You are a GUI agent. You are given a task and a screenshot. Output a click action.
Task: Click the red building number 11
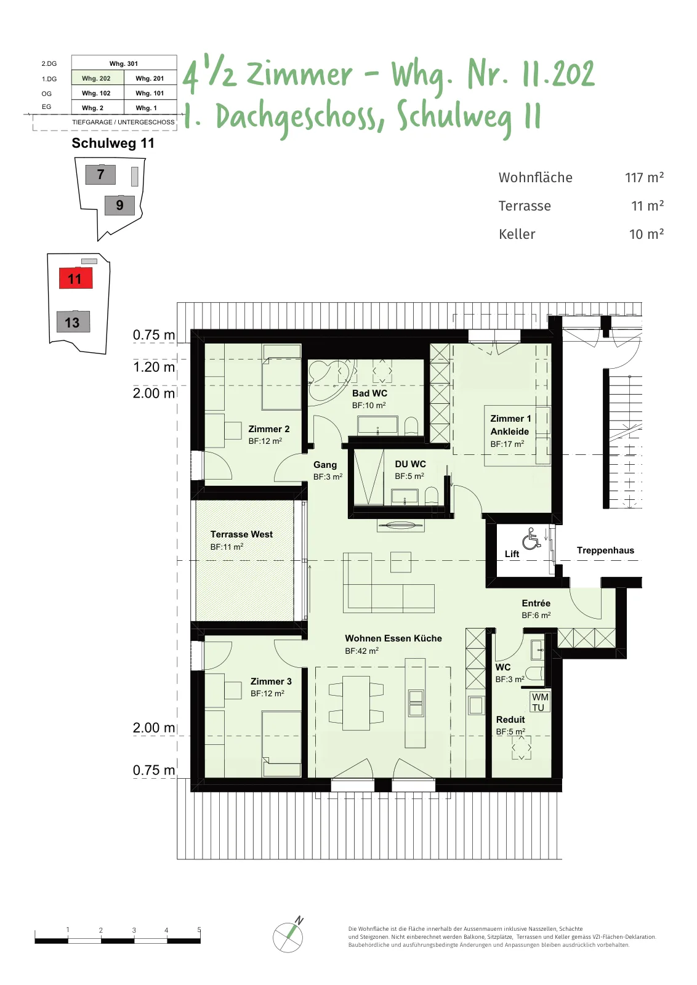[x=76, y=278]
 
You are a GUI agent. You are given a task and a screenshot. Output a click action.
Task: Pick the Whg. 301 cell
[x=124, y=63]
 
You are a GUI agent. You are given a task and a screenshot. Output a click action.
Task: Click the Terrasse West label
[x=241, y=534]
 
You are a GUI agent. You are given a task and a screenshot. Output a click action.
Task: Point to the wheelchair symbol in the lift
[x=531, y=538]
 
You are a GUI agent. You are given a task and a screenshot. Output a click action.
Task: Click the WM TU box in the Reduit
[x=540, y=702]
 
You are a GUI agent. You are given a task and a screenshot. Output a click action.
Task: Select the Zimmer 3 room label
[x=271, y=681]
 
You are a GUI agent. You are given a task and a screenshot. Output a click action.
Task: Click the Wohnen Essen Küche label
[x=393, y=638]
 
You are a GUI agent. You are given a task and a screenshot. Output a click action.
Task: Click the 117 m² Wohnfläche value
[x=644, y=177]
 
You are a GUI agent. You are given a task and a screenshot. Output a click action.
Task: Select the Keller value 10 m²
[x=646, y=233]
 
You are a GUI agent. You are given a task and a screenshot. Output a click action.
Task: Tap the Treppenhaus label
[x=605, y=550]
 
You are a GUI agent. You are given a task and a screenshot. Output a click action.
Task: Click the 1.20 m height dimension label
[x=154, y=367]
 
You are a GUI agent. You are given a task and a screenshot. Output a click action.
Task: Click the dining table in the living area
[x=356, y=702]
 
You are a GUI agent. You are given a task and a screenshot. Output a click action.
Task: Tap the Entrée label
[x=536, y=603]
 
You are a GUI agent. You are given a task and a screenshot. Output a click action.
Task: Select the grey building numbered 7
[x=101, y=175]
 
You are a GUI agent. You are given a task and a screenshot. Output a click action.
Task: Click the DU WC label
[x=410, y=464]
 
